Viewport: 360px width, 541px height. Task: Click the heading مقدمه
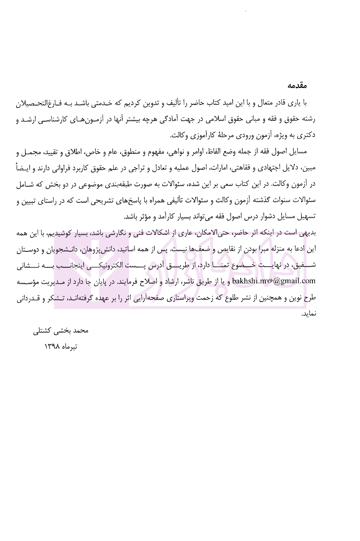[x=297, y=86]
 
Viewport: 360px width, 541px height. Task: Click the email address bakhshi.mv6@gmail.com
[x=273, y=281]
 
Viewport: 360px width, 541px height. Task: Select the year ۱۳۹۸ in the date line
[x=52, y=346]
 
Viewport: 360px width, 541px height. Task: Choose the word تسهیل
[x=307, y=217]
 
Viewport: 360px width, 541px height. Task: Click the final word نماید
[x=309, y=314]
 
